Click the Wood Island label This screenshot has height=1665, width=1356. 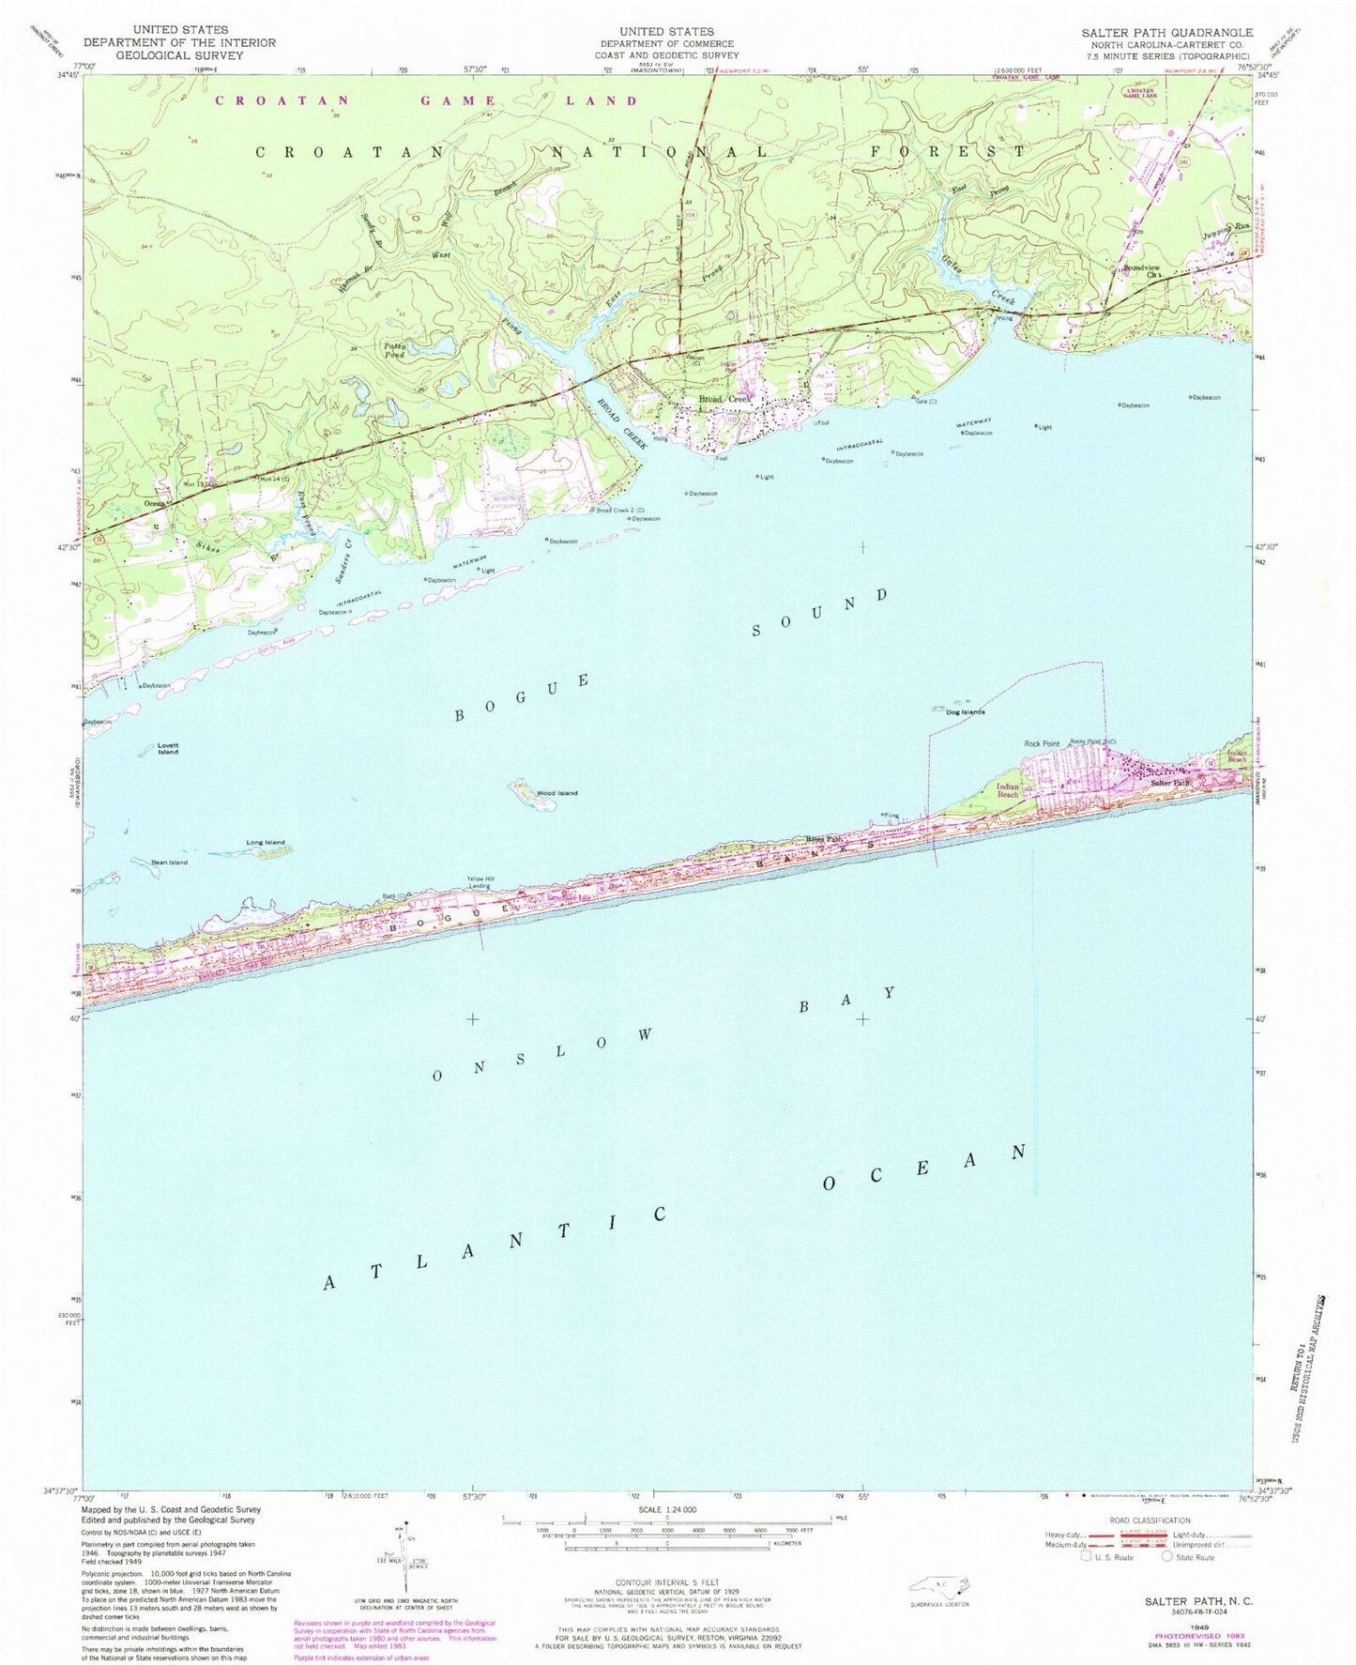tap(556, 793)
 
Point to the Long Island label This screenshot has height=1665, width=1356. tap(266, 842)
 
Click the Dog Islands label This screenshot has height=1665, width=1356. tap(965, 712)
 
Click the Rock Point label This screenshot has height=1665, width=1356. tap(1041, 744)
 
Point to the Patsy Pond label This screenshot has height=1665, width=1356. tap(394, 349)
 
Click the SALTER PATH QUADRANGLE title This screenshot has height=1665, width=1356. tap(1166, 32)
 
